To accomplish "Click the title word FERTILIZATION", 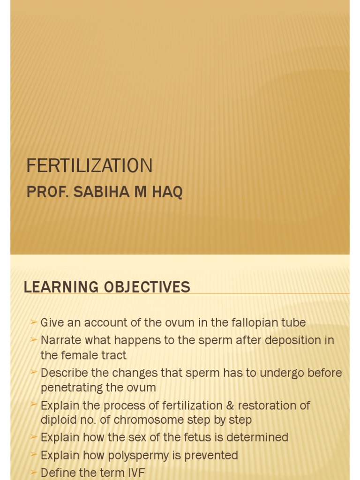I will (90, 166).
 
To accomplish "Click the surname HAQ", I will (167, 192).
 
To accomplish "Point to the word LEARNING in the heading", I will (61, 287).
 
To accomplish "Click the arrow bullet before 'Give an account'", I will (33, 322).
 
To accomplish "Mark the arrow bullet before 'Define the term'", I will (33, 472).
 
